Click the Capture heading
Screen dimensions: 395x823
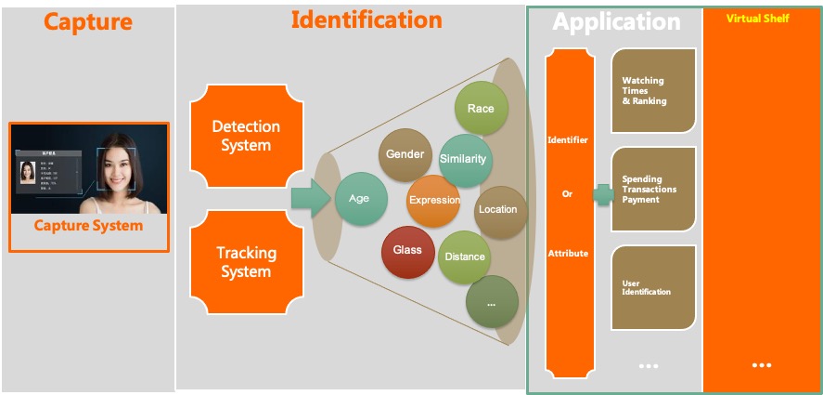click(87, 21)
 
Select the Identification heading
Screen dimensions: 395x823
click(366, 20)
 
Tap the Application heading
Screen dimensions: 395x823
click(617, 21)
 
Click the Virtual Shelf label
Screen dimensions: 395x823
click(757, 18)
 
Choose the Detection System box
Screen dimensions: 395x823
click(246, 136)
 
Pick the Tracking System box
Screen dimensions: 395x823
click(246, 262)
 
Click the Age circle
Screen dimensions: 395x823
click(360, 199)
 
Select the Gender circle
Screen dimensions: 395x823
click(405, 154)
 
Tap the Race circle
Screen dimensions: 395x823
click(481, 109)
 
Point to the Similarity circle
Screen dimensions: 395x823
click(463, 159)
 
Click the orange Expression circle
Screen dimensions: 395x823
click(433, 200)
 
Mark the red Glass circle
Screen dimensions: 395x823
click(407, 251)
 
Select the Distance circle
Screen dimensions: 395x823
click(465, 257)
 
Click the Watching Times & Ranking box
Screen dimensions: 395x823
click(653, 91)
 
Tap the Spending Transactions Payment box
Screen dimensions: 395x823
click(653, 189)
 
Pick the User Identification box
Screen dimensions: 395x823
click(653, 287)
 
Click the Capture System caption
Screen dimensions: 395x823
click(89, 226)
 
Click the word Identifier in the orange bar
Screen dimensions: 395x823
click(568, 140)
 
